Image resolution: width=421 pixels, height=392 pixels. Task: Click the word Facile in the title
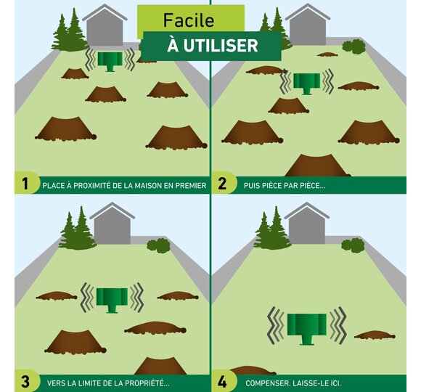[x=189, y=20]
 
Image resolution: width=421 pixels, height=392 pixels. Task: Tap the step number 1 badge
[x=25, y=184]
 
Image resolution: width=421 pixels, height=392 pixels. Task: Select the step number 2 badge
[x=223, y=184]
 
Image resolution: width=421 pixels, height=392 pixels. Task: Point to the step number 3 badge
[x=25, y=381]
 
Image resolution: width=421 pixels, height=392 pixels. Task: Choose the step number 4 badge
[x=223, y=381]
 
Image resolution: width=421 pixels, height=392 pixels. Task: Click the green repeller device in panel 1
[x=110, y=62]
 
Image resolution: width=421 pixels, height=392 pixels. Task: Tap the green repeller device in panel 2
[x=306, y=83]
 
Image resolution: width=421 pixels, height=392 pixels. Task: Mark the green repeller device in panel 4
[x=307, y=329]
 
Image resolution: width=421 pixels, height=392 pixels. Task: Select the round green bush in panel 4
[x=353, y=245]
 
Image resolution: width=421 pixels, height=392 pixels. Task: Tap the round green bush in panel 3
[x=158, y=245]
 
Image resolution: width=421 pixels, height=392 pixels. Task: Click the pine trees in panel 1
[x=70, y=31]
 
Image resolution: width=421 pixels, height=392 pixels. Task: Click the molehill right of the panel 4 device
[x=375, y=335]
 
